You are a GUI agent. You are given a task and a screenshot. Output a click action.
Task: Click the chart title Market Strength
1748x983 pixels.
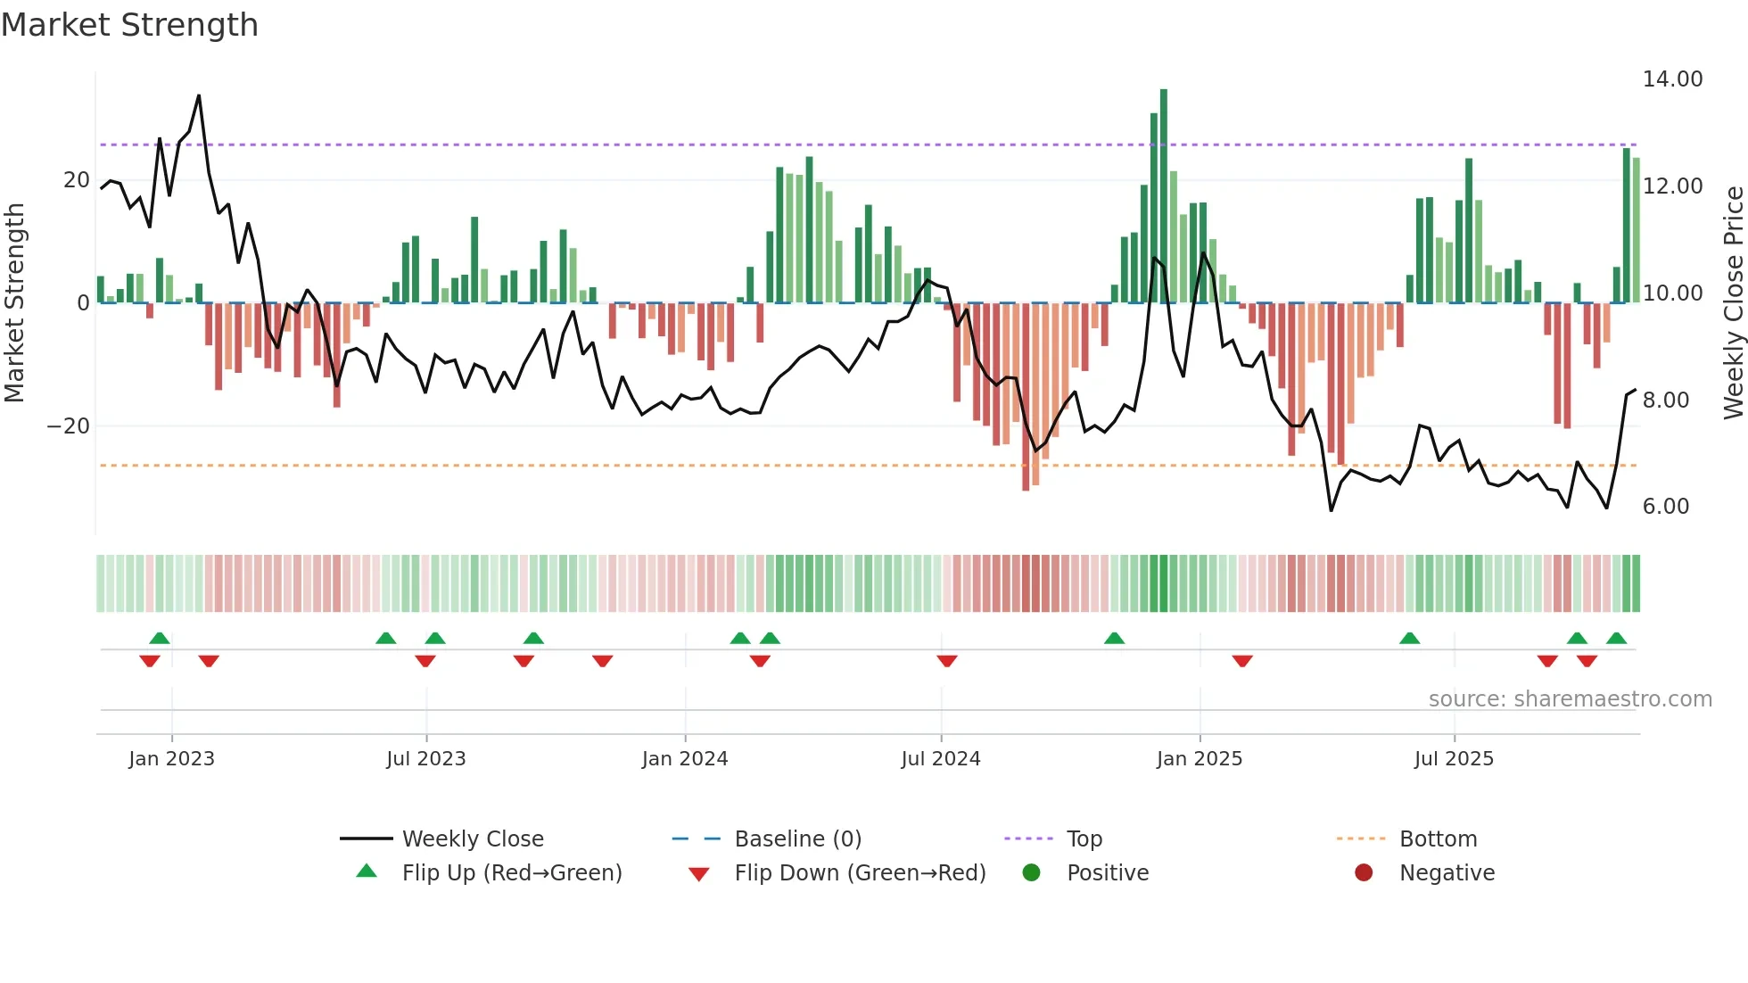coord(129,25)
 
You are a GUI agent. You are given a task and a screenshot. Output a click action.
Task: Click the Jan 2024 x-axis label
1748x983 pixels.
coord(684,759)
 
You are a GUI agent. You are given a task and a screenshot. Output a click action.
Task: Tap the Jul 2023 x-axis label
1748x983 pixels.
coord(425,759)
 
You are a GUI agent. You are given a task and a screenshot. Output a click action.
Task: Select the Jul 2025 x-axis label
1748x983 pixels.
coord(1453,759)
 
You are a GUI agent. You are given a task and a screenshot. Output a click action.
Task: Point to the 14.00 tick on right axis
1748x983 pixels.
coord(1672,79)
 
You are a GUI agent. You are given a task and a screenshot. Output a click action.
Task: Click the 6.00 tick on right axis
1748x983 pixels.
coord(1665,507)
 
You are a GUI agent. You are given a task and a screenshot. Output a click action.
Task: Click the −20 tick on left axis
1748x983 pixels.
coord(68,426)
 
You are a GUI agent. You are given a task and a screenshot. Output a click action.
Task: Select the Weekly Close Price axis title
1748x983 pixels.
coord(1733,302)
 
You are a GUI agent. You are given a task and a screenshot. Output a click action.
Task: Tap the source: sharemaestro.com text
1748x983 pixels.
coord(1570,699)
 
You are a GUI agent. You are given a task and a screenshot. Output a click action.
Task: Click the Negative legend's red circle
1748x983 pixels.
coord(1363,873)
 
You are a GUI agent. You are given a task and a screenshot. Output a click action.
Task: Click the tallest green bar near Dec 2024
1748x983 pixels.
coord(1163,196)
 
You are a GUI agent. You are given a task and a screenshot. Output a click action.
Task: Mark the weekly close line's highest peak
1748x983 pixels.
coord(199,95)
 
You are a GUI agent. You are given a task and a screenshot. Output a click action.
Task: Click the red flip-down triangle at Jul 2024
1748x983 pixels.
coord(946,661)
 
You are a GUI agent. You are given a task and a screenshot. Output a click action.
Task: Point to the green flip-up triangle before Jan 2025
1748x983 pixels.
coord(1114,638)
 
